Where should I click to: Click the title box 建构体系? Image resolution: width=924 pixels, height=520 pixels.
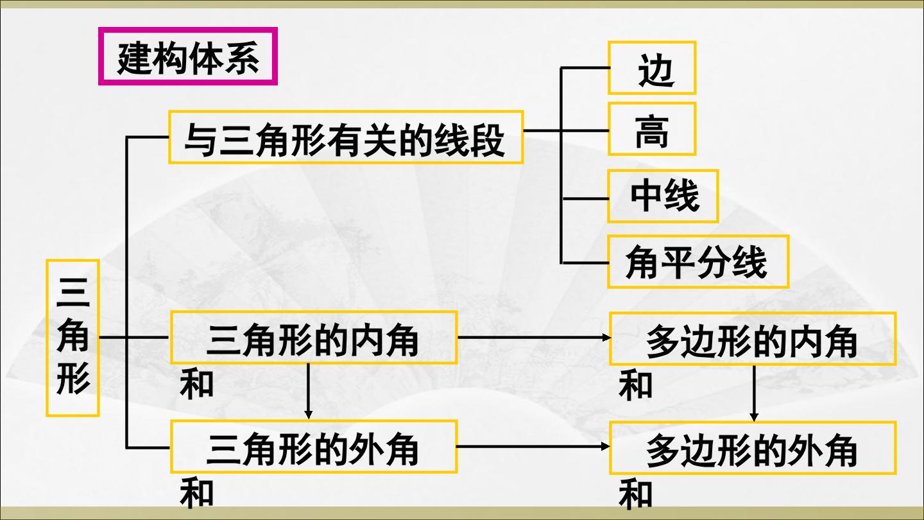point(187,56)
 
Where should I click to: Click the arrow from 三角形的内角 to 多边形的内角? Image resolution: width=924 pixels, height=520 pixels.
point(534,338)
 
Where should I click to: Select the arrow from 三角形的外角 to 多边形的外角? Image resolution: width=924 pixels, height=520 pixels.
point(533,446)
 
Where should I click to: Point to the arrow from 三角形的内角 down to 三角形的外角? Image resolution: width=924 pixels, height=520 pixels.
point(308,391)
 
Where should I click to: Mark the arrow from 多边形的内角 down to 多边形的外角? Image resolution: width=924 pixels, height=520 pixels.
point(754,394)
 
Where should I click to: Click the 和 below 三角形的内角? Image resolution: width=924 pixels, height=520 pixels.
point(197,385)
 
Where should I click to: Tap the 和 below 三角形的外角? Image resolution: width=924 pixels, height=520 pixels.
point(197,493)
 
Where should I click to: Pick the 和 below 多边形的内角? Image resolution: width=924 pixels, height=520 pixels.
point(636,386)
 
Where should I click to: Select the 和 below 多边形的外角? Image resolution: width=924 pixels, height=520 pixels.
point(636,494)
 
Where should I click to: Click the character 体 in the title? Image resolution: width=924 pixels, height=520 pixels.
point(206,58)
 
